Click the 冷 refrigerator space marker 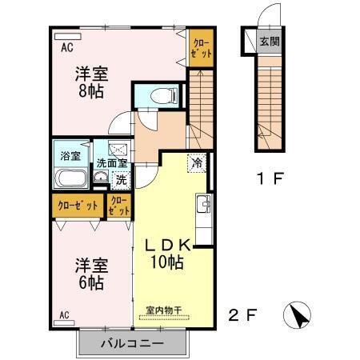coord(197,162)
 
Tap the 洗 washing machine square coord(122,181)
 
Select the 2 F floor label coord(242,314)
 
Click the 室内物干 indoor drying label coord(164,310)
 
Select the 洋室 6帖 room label coord(90,273)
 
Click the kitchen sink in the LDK coord(203,206)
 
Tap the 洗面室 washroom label coord(111,162)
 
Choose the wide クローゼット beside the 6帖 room coord(78,206)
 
